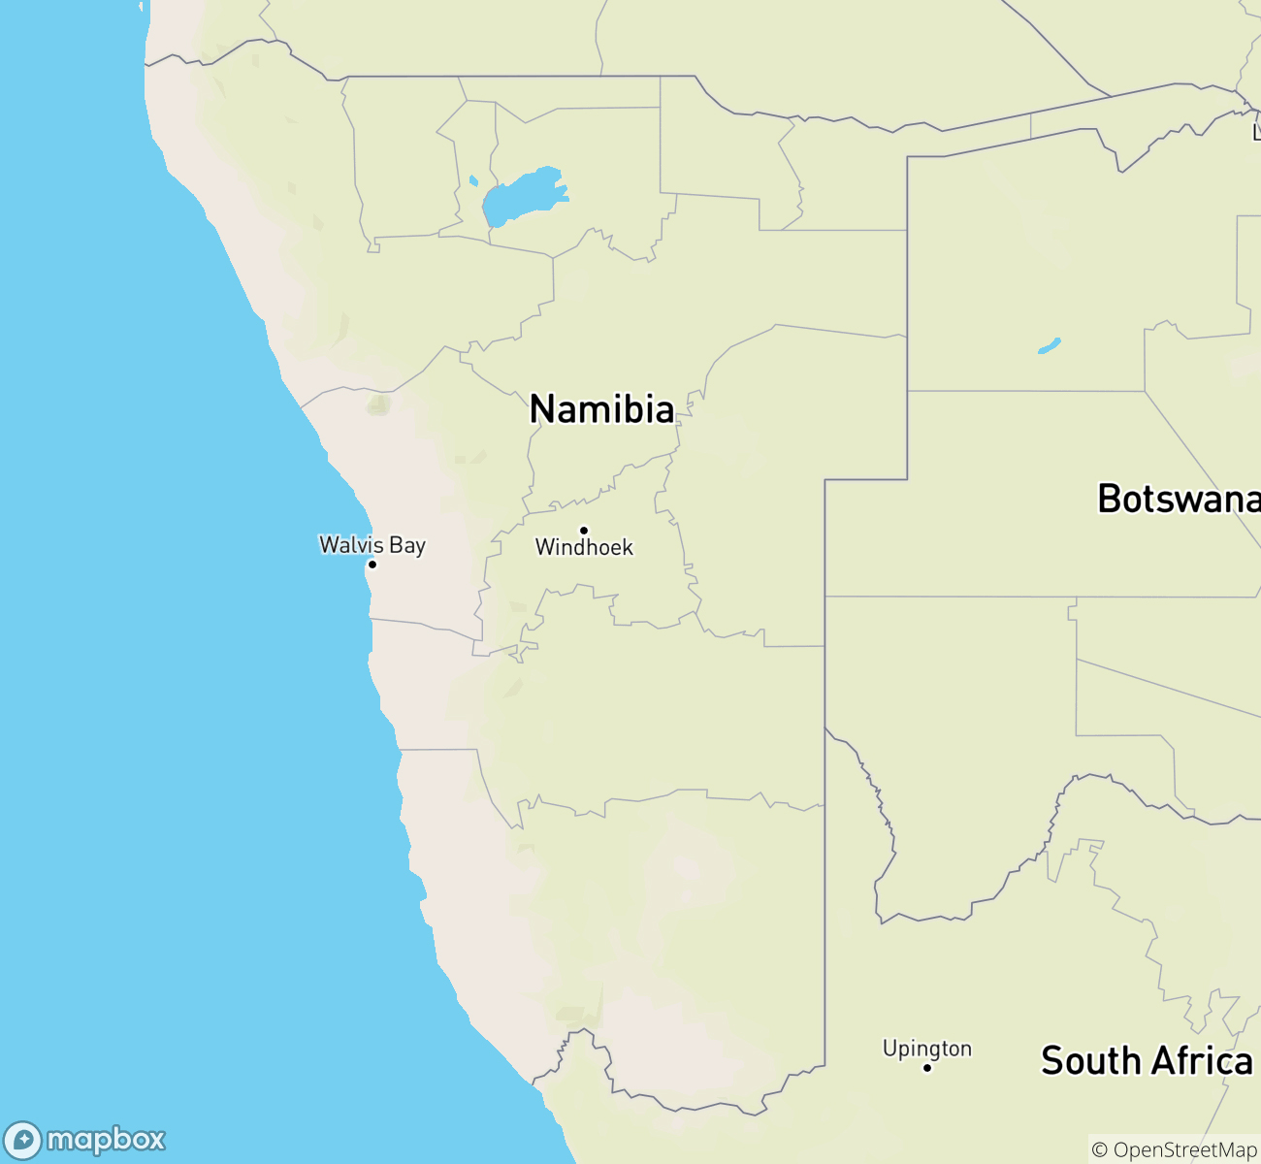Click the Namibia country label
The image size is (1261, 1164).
coord(601,409)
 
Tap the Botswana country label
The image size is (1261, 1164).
coord(1179,499)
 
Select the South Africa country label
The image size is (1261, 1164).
coord(1147,1061)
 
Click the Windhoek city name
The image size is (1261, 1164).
coord(584,548)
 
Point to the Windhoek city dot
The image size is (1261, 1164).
coord(583,530)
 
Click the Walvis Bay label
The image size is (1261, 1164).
coord(372,544)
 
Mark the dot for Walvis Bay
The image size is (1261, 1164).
coord(372,564)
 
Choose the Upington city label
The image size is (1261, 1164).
coord(926,1049)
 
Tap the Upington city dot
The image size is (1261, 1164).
coord(926,1067)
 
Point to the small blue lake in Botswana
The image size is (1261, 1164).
coord(1049,345)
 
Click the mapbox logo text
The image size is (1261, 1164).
coord(106,1139)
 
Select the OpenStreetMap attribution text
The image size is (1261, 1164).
coord(1184,1150)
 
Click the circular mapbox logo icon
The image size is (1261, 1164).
coord(22,1140)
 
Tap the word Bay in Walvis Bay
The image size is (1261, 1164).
coord(407,545)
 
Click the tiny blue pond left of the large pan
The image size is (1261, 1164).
coord(473,180)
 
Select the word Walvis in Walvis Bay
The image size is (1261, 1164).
coord(351,544)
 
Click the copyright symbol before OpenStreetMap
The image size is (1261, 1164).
coord(1100,1150)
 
